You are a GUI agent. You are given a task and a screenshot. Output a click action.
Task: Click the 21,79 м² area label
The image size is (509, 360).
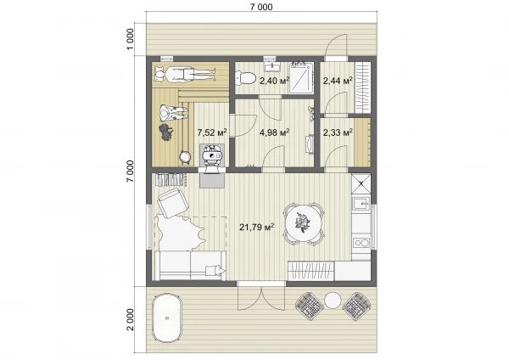click(x=257, y=227)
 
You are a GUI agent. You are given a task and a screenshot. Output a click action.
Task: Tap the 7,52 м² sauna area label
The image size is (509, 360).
click(x=212, y=132)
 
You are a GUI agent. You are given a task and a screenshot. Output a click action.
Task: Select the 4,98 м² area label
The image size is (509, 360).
click(x=275, y=132)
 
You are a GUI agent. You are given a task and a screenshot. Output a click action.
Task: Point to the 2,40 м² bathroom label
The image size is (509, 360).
click(x=274, y=81)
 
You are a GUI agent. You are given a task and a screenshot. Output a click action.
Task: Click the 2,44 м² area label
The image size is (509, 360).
click(x=338, y=81)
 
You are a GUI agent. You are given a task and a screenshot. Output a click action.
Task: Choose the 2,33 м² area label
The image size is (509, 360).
click(x=338, y=132)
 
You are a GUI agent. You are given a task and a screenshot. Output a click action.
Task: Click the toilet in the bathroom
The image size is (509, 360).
click(x=246, y=78)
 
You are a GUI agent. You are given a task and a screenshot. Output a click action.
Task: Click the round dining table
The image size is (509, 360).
click(x=303, y=224)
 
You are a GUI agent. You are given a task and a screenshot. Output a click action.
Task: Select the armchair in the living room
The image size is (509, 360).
click(x=173, y=203)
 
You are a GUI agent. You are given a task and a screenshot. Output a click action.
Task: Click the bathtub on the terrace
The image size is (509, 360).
click(x=167, y=318)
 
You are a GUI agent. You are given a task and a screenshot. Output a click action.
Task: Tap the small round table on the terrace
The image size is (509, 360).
click(x=333, y=301)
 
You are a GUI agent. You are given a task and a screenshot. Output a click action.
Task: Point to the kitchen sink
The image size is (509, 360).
click(x=361, y=204)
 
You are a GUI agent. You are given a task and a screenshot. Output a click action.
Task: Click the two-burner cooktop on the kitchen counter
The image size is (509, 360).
click(x=361, y=243)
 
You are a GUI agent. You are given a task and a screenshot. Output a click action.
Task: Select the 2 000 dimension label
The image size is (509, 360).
click(x=130, y=319)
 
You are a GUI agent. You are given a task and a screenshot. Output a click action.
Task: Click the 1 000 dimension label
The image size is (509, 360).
click(x=130, y=39)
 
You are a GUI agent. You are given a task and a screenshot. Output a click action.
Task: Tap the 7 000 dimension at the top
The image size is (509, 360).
click(x=261, y=7)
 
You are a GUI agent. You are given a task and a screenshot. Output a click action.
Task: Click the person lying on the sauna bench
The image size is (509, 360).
click(x=184, y=75)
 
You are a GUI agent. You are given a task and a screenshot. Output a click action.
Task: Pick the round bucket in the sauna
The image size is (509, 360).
click(x=185, y=156)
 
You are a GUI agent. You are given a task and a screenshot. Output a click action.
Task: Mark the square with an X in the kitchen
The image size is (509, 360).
click(x=361, y=184)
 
